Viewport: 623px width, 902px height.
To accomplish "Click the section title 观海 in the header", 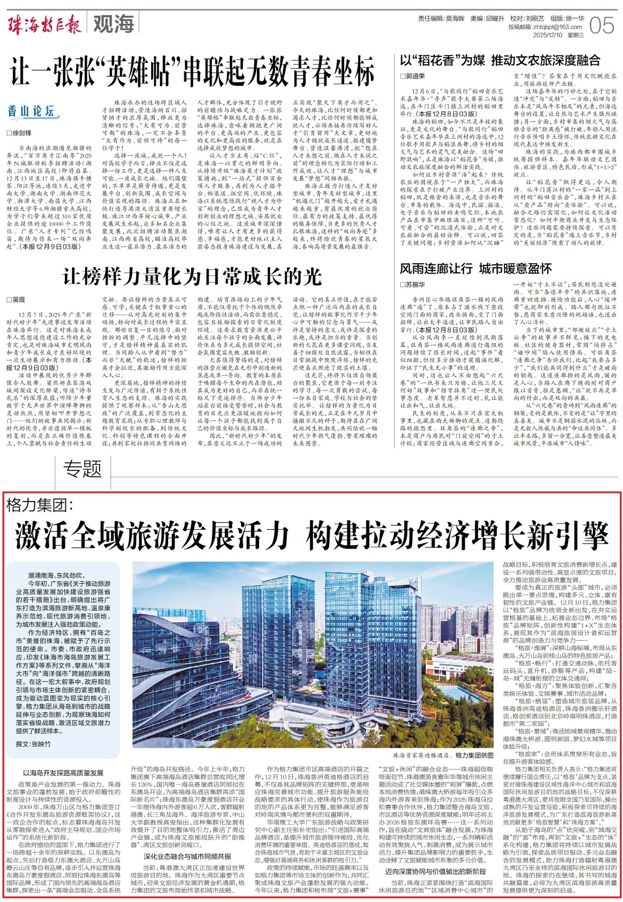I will (114, 24).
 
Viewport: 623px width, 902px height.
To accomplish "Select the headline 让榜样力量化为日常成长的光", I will (192, 276).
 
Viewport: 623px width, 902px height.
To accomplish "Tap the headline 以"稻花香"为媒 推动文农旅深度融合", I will (500, 60).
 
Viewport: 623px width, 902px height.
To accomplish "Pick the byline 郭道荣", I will (412, 76).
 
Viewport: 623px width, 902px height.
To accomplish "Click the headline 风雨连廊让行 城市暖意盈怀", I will (476, 268).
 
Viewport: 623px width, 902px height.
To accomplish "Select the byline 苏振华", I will (412, 285).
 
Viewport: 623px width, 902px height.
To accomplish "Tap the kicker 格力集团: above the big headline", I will (40, 504).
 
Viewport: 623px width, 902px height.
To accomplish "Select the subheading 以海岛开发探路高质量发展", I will (63, 773).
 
